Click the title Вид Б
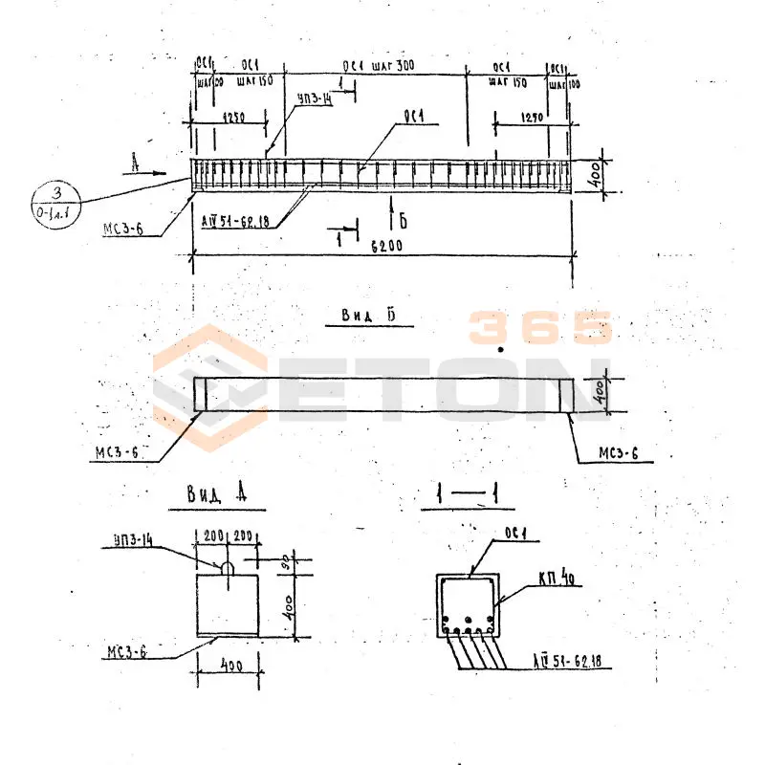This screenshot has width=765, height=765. (368, 316)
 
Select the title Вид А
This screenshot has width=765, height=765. (217, 493)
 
